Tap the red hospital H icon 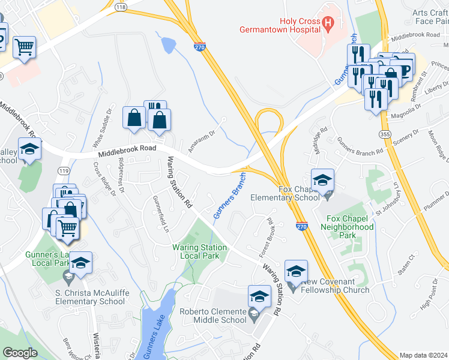328,23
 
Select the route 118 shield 121,7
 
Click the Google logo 20,353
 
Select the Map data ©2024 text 423,355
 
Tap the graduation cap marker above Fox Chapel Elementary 322,180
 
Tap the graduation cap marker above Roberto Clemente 259,297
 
